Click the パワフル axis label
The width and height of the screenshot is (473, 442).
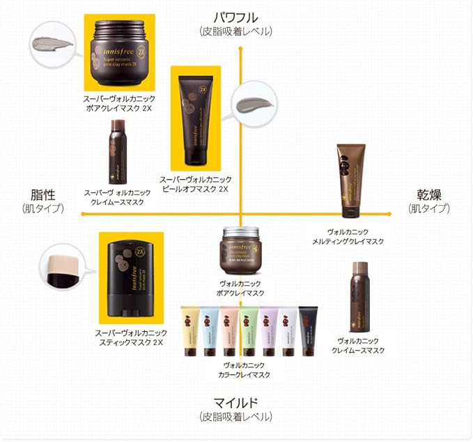[x=235, y=16]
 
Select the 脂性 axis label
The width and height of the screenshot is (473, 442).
[x=42, y=194]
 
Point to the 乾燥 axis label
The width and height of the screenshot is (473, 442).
[x=429, y=194]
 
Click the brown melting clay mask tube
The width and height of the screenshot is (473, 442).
[x=351, y=181]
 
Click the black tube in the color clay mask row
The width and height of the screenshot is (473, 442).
[x=307, y=330]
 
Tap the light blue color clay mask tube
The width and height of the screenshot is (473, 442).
[x=209, y=330]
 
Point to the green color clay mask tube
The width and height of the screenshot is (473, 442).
[x=249, y=330]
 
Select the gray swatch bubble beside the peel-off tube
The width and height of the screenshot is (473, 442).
[x=256, y=106]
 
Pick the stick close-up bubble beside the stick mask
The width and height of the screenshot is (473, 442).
[x=60, y=269]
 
